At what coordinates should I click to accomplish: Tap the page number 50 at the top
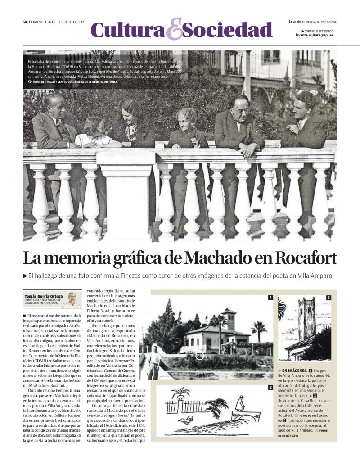tap(25, 22)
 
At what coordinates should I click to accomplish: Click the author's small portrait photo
tap(72, 300)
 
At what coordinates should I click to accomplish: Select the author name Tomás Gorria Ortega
tap(44, 296)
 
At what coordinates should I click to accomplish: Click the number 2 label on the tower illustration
tap(328, 298)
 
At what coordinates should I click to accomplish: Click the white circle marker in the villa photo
tap(199, 356)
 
